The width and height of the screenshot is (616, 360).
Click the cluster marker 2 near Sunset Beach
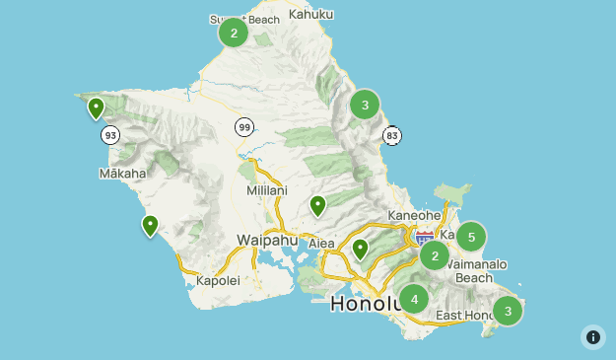234,33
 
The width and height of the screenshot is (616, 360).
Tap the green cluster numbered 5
471,237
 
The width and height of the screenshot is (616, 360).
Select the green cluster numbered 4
414,299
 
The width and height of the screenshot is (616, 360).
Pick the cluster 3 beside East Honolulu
508,311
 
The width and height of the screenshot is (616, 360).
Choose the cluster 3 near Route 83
365,104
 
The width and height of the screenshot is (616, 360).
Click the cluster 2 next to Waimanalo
435,256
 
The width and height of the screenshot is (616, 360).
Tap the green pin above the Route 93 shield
96,108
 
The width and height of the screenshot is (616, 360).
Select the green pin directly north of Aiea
317,205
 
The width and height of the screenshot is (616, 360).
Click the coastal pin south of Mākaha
150,225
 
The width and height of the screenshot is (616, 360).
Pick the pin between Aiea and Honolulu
361,249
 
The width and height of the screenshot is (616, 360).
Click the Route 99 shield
243,126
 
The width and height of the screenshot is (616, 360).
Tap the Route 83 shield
392,134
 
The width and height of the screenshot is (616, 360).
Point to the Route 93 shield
110,134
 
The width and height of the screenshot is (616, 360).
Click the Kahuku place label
311,14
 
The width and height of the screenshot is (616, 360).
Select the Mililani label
266,190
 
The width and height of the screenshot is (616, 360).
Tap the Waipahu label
267,240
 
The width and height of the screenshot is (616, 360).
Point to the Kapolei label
218,280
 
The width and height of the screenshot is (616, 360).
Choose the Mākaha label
122,174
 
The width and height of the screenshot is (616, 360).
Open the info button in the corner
593,337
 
